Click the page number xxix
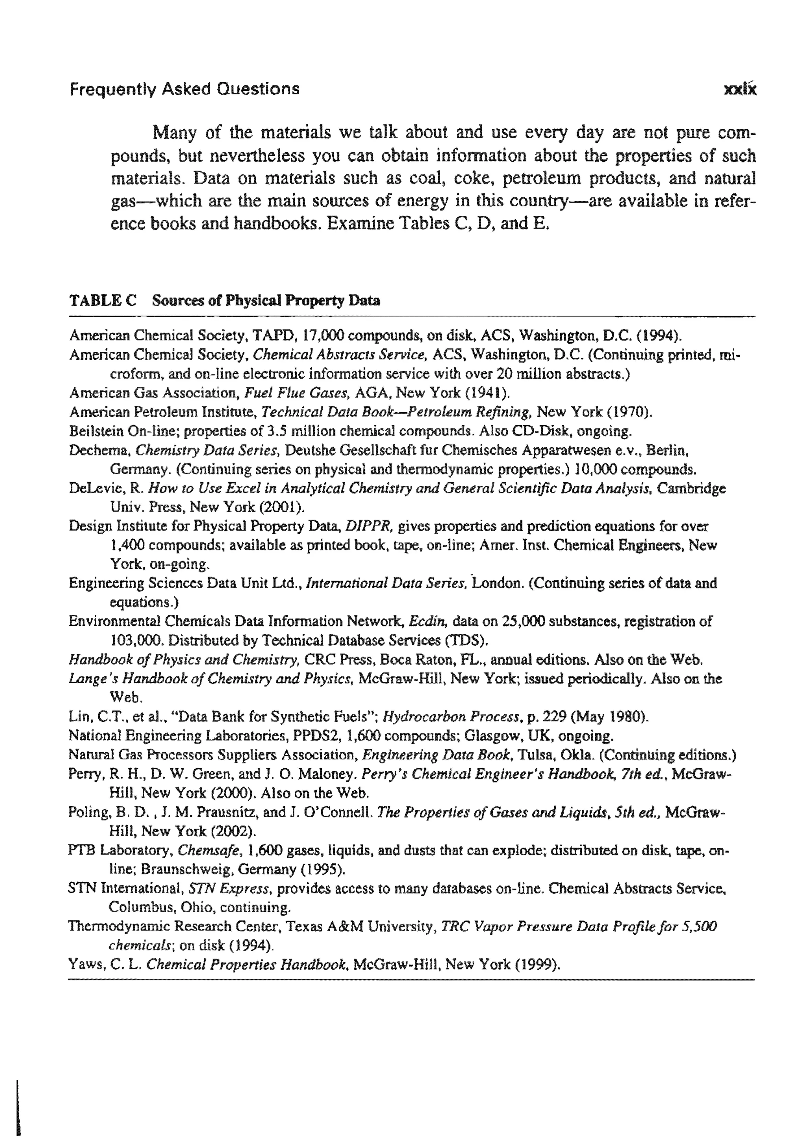pyautogui.click(x=740, y=89)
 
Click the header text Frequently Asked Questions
pyautogui.click(x=184, y=89)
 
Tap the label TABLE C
pyautogui.click(x=103, y=301)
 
